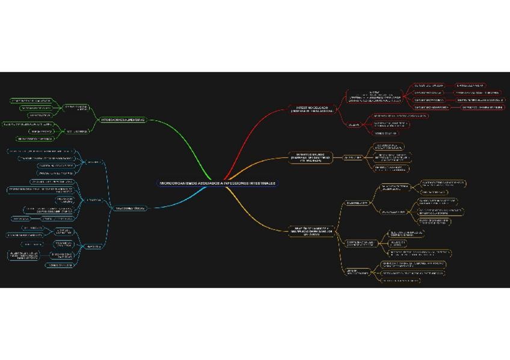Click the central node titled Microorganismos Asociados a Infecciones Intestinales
218,183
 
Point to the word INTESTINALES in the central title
262,183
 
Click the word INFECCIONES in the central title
234,183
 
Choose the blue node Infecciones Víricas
130,208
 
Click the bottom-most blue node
58,264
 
